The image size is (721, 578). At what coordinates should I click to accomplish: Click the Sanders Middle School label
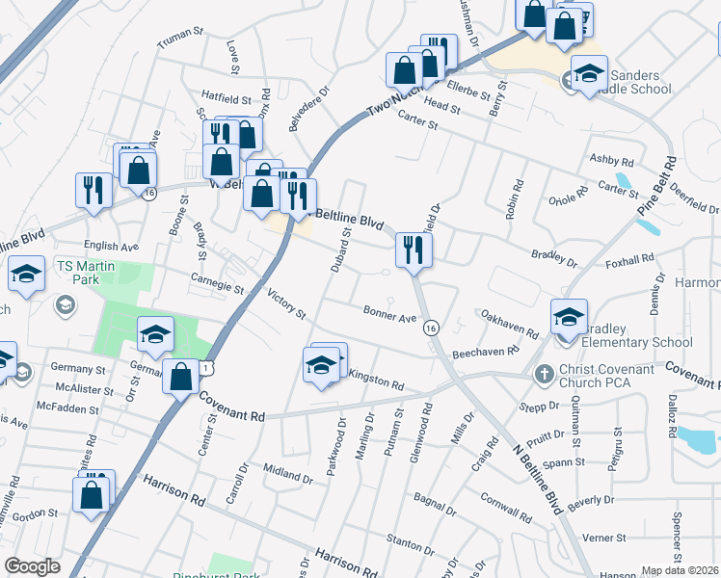pos(637,83)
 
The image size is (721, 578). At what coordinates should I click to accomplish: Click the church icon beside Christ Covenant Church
pos(544,372)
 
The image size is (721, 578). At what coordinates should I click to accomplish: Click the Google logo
pos(32,566)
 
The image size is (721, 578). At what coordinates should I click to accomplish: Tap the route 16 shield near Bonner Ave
pos(430,328)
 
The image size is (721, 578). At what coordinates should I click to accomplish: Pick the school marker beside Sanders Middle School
pos(588,73)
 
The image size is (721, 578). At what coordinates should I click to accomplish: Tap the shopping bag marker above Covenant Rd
pos(180,377)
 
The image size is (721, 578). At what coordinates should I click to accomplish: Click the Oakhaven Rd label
pos(509,324)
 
